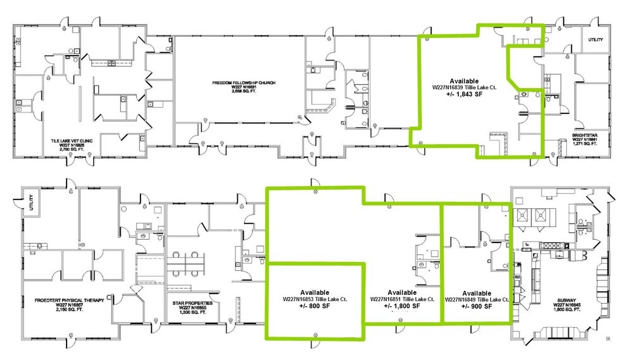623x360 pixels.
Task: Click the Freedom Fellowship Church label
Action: pyautogui.click(x=237, y=83)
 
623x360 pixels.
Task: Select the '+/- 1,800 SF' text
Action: pyautogui.click(x=401, y=306)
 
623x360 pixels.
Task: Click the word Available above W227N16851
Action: pyautogui.click(x=401, y=292)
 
